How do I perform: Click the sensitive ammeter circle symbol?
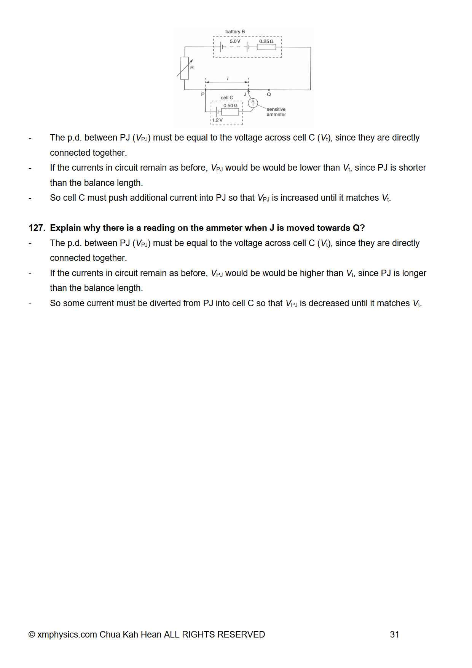[253, 103]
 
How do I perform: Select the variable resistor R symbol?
[185, 68]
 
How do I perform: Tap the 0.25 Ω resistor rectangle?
[266, 47]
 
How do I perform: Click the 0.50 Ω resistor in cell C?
[230, 112]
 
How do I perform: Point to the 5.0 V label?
[235, 41]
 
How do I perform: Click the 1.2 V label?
[217, 120]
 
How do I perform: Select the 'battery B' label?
[235, 32]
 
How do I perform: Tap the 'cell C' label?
[227, 97]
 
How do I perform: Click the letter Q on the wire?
[269, 94]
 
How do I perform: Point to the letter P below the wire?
[203, 94]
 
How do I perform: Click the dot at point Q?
[269, 90]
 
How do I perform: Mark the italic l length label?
[228, 78]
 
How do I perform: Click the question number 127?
[37, 228]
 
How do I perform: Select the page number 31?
[394, 634]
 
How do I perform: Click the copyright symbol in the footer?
[32, 634]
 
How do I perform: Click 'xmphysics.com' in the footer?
[67, 634]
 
